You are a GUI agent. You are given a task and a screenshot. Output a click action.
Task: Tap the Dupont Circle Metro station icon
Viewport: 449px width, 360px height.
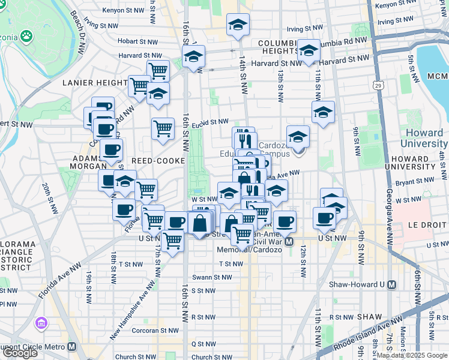click(x=72, y=346)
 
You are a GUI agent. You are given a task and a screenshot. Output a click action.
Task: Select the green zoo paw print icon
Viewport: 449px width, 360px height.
click(x=26, y=37)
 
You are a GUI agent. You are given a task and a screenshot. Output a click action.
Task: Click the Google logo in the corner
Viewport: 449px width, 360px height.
click(x=20, y=352)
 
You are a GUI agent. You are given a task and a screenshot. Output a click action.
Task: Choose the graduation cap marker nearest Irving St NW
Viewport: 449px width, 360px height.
click(x=238, y=25)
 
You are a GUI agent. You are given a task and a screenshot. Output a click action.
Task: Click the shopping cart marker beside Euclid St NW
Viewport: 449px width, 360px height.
click(x=163, y=128)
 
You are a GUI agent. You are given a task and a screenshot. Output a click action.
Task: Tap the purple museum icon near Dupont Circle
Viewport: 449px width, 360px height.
click(x=41, y=323)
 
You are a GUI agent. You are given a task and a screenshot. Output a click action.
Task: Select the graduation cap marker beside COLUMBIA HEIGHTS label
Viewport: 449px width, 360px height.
click(x=309, y=51)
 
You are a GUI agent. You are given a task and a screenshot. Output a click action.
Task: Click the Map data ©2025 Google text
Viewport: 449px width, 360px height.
click(x=412, y=355)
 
